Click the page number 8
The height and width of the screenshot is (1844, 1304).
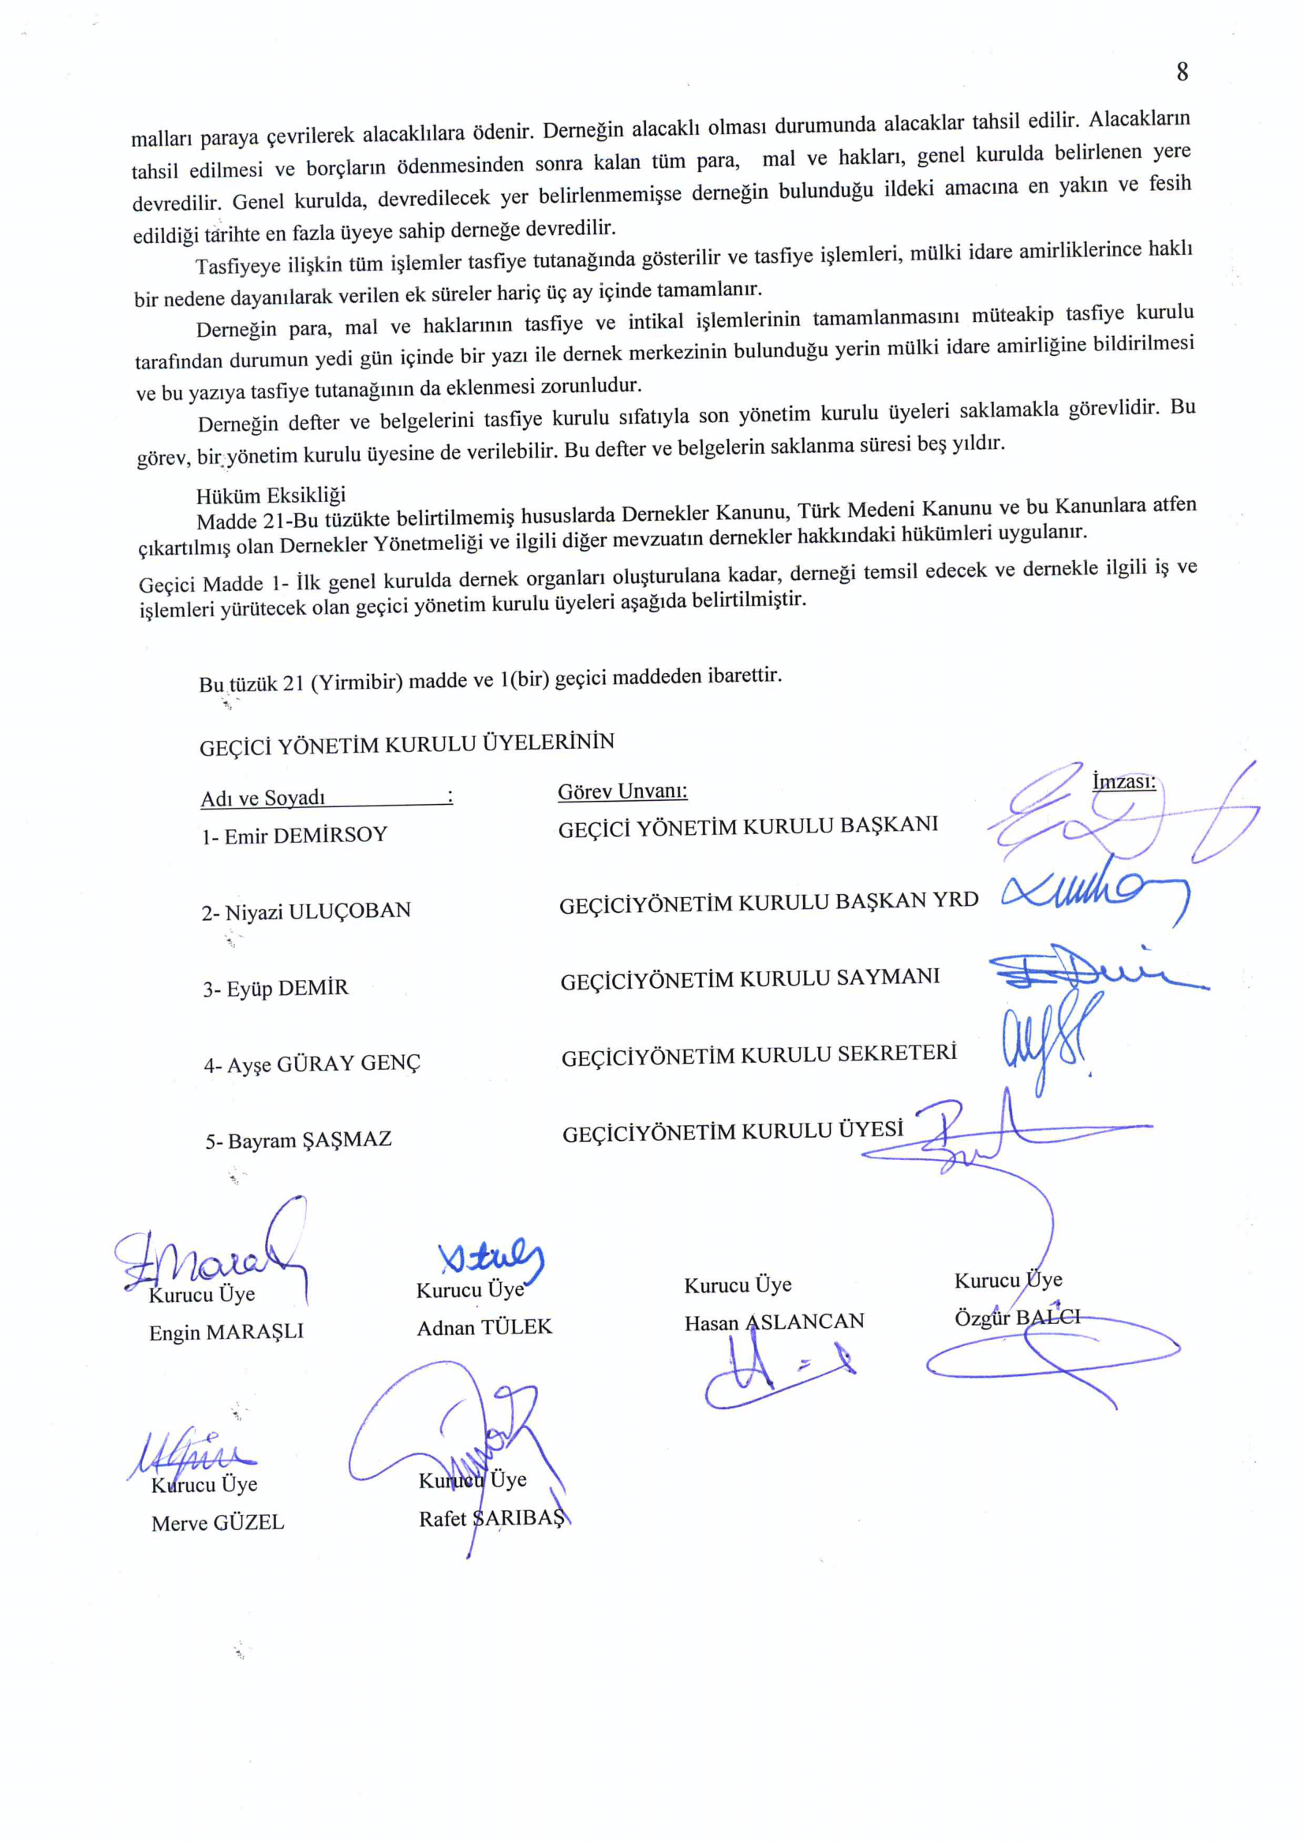click(x=1182, y=73)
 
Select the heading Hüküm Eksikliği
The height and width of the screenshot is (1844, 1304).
click(x=271, y=495)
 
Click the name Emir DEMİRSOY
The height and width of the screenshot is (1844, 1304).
click(x=295, y=836)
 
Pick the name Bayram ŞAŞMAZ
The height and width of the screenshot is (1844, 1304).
click(x=298, y=1140)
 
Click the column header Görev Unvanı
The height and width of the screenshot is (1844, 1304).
click(x=622, y=792)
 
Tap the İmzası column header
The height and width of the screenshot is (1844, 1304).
click(x=1123, y=780)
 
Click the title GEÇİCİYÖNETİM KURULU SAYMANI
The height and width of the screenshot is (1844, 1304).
click(x=750, y=979)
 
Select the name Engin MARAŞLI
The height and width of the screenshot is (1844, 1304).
click(x=226, y=1332)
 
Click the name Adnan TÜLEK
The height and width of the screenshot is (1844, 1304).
click(x=484, y=1328)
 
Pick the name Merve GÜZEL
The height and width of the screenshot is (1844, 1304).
click(x=218, y=1523)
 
